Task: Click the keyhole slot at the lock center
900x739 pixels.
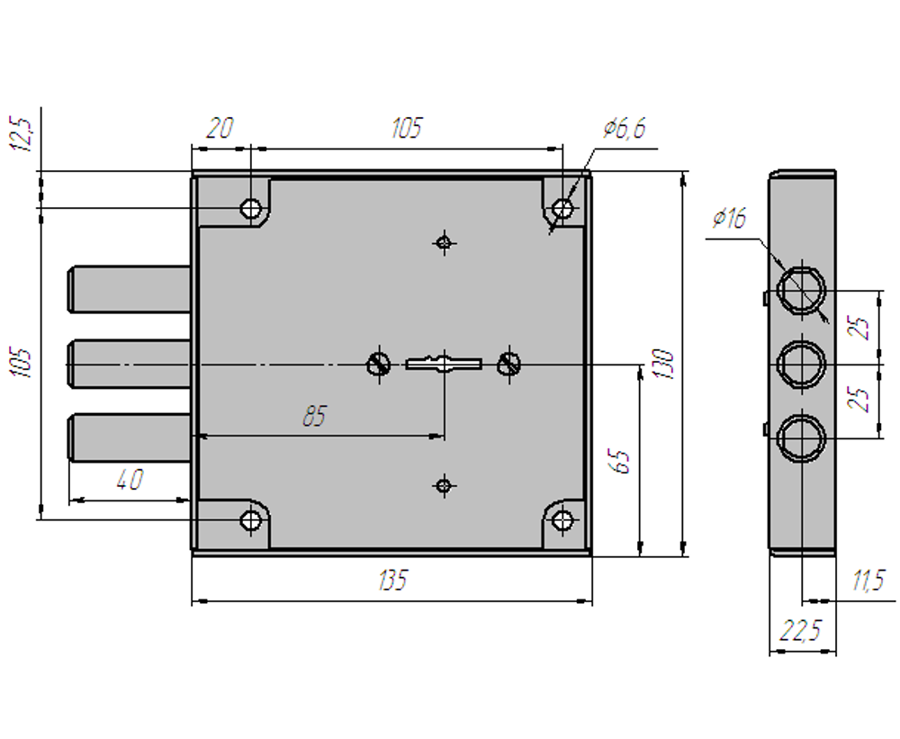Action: click(444, 364)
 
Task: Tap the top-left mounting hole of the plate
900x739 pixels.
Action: click(251, 208)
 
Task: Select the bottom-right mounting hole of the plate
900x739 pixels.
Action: click(562, 521)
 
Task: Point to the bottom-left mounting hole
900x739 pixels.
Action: click(251, 521)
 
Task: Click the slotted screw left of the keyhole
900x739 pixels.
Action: click(378, 364)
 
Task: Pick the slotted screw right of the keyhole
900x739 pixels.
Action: click(508, 364)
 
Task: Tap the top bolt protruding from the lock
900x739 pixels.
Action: click(130, 289)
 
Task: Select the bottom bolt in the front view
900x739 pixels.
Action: click(130, 437)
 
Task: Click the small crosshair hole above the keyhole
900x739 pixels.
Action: click(443, 242)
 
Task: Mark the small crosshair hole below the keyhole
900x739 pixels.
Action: click(443, 486)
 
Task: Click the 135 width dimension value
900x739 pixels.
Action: click(392, 580)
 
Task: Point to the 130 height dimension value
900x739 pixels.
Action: click(662, 364)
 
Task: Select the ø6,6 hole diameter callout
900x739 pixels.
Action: click(625, 128)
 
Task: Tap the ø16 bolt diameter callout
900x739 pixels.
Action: click(730, 218)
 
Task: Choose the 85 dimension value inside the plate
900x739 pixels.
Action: click(314, 416)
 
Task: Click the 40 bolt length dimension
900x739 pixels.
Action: click(130, 480)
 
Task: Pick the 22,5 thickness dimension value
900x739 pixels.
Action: click(800, 630)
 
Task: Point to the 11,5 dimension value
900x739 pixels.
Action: click(869, 581)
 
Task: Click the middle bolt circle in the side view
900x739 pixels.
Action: click(801, 364)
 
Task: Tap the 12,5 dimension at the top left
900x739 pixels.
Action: click(22, 133)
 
